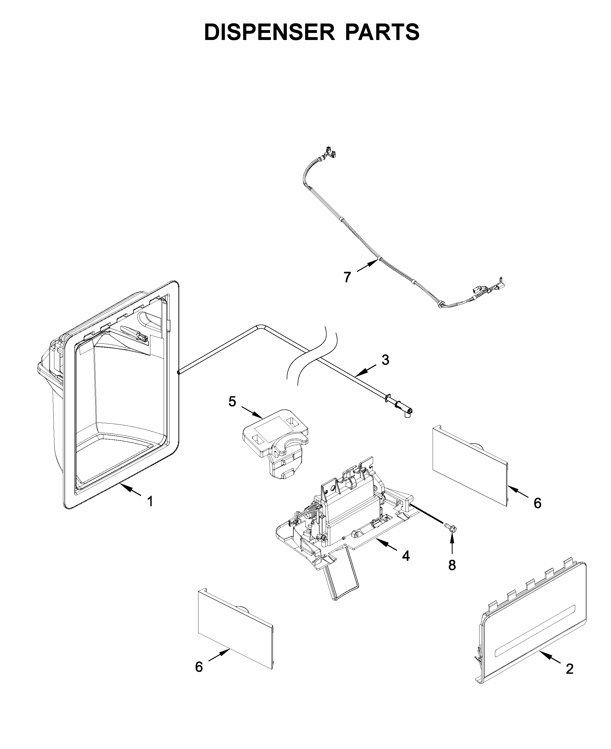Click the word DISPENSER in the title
click(269, 32)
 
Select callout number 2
click(569, 669)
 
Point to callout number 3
click(385, 360)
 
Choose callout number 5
click(232, 401)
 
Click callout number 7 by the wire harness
click(347, 278)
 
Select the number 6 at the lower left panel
click(199, 667)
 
